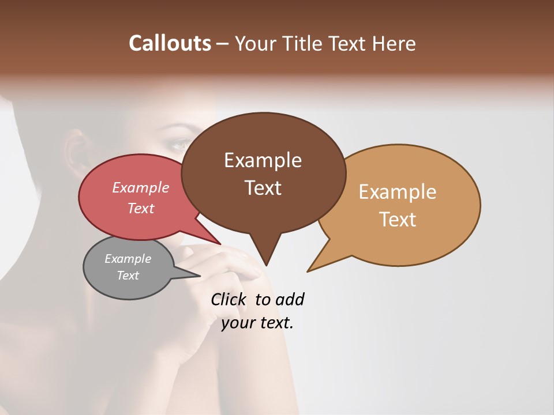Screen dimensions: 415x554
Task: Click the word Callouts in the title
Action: click(170, 43)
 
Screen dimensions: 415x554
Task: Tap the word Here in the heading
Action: click(394, 43)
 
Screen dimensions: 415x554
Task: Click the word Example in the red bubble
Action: click(141, 187)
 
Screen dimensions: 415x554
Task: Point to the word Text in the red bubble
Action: click(141, 208)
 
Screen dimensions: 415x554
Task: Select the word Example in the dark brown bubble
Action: click(263, 160)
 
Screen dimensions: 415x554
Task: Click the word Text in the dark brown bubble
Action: click(263, 188)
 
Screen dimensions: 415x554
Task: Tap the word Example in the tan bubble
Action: click(398, 192)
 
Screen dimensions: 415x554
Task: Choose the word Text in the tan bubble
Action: click(398, 220)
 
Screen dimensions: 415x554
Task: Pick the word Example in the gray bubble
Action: click(128, 259)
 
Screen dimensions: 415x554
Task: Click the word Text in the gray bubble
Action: click(128, 276)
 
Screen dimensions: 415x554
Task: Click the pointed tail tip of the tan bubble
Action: click(308, 271)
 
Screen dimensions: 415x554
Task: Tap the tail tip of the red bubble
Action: click(220, 244)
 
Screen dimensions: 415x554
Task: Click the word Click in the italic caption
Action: click(230, 300)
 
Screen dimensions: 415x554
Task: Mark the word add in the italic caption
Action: click(290, 300)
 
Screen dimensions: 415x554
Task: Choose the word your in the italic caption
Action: click(238, 323)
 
